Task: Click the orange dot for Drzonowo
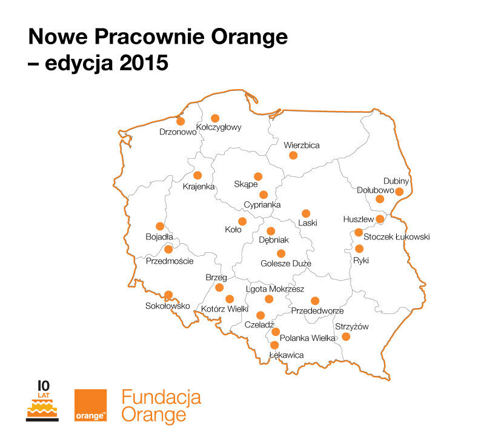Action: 181,121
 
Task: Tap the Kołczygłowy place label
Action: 219,127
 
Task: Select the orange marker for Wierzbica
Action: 293,155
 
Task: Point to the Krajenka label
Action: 199,186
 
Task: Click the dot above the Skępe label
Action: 258,176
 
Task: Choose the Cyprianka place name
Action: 262,205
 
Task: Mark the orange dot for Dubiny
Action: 399,192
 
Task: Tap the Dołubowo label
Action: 375,190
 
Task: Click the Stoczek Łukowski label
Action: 396,237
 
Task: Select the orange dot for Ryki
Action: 359,249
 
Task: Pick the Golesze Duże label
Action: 285,264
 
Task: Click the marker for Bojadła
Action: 160,226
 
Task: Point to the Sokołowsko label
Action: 168,306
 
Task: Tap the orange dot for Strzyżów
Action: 346,337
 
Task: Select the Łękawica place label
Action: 285,355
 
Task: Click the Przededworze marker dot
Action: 314,301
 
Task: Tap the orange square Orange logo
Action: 90,405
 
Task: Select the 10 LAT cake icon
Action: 42,401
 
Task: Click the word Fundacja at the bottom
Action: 161,398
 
